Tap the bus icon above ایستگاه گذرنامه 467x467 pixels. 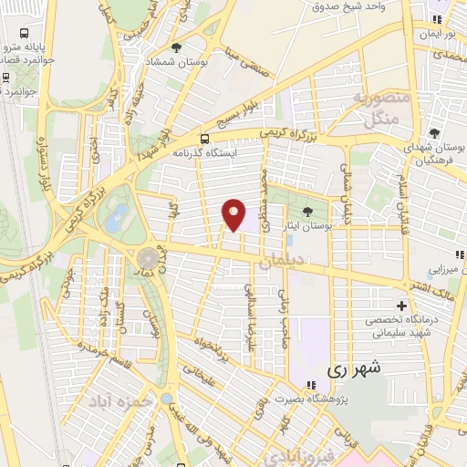pyautogui.click(x=205, y=139)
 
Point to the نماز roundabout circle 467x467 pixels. pyautogui.click(x=146, y=258)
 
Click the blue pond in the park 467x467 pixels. pyautogui.click(x=116, y=217)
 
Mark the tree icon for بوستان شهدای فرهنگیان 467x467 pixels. pyautogui.click(x=434, y=132)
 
